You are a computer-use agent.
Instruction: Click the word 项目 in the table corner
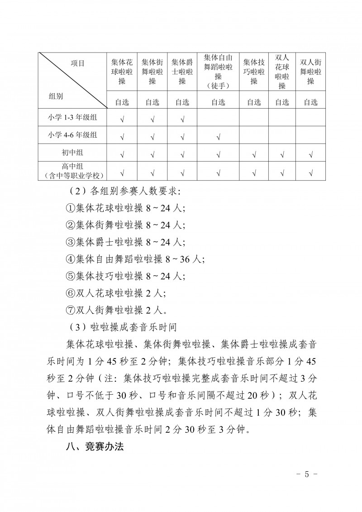77,64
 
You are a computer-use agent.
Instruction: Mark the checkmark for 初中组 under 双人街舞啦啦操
310,155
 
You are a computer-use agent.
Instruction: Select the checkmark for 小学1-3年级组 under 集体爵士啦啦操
182,120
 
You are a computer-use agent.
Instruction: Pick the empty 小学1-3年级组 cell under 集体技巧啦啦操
254,119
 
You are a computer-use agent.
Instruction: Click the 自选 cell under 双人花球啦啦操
282,102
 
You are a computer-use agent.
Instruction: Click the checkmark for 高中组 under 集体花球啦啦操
122,172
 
